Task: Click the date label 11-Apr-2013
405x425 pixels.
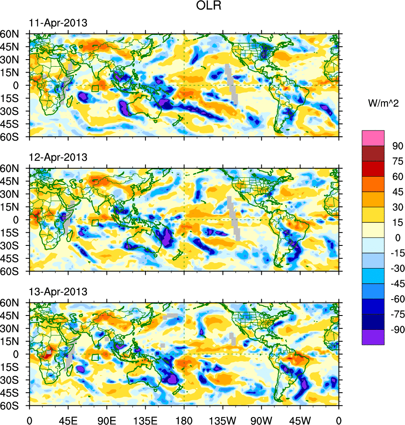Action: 58,23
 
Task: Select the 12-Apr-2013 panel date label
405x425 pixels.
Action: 58,157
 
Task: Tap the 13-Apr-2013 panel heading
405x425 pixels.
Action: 58,292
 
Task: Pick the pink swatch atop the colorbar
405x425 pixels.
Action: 373,138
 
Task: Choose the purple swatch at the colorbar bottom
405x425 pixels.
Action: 373,337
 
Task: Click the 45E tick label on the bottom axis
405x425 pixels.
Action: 68,420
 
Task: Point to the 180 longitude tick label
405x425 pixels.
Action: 184,420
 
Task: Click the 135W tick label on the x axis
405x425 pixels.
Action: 223,420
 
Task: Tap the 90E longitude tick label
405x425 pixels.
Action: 107,420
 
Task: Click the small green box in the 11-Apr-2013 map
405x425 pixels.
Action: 95,89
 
